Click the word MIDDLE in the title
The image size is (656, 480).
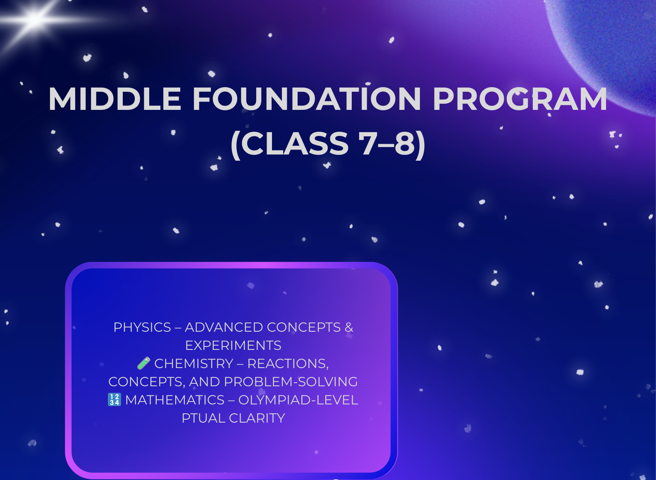[x=115, y=99]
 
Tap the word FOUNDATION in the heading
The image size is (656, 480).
[x=306, y=99]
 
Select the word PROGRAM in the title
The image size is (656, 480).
[x=520, y=99]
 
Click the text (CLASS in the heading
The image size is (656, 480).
[x=290, y=144]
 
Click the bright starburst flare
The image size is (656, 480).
[x=35, y=19]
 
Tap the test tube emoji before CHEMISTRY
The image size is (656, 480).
[x=143, y=364]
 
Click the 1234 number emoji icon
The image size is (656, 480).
[x=115, y=399]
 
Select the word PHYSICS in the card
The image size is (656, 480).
[x=142, y=327]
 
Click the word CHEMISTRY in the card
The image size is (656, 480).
[x=194, y=364]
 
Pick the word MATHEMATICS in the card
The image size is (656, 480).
[x=175, y=400]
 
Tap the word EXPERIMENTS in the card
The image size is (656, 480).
[x=233, y=345]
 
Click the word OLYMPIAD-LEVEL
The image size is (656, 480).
[x=298, y=400]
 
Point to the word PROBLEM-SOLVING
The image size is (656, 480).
[x=291, y=382]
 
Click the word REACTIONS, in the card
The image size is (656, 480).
[x=288, y=364]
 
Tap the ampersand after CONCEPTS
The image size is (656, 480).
[x=349, y=327]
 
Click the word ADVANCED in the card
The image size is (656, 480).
[x=224, y=327]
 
